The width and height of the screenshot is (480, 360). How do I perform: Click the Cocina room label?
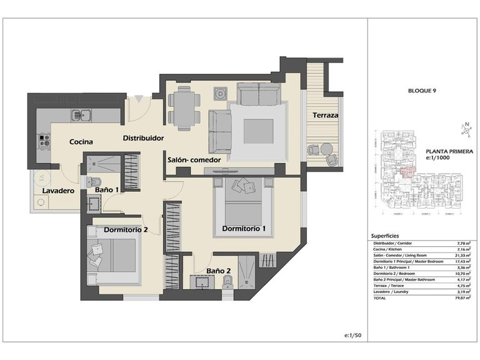coord(81,142)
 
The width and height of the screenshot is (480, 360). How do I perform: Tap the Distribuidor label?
coord(143,137)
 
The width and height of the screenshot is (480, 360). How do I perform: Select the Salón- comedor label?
coord(194,160)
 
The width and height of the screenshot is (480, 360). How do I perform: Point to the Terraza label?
coord(326,116)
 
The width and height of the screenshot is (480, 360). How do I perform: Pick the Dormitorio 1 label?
coord(244,229)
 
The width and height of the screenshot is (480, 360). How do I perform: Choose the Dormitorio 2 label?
coord(126,229)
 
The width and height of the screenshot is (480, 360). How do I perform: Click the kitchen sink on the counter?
coord(81,115)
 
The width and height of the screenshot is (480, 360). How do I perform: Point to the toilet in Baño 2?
coord(229,282)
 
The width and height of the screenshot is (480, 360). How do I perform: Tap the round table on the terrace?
coord(327,149)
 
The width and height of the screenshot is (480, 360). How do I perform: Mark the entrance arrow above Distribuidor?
coord(138,98)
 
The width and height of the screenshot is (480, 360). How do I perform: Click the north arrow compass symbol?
coord(464,129)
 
